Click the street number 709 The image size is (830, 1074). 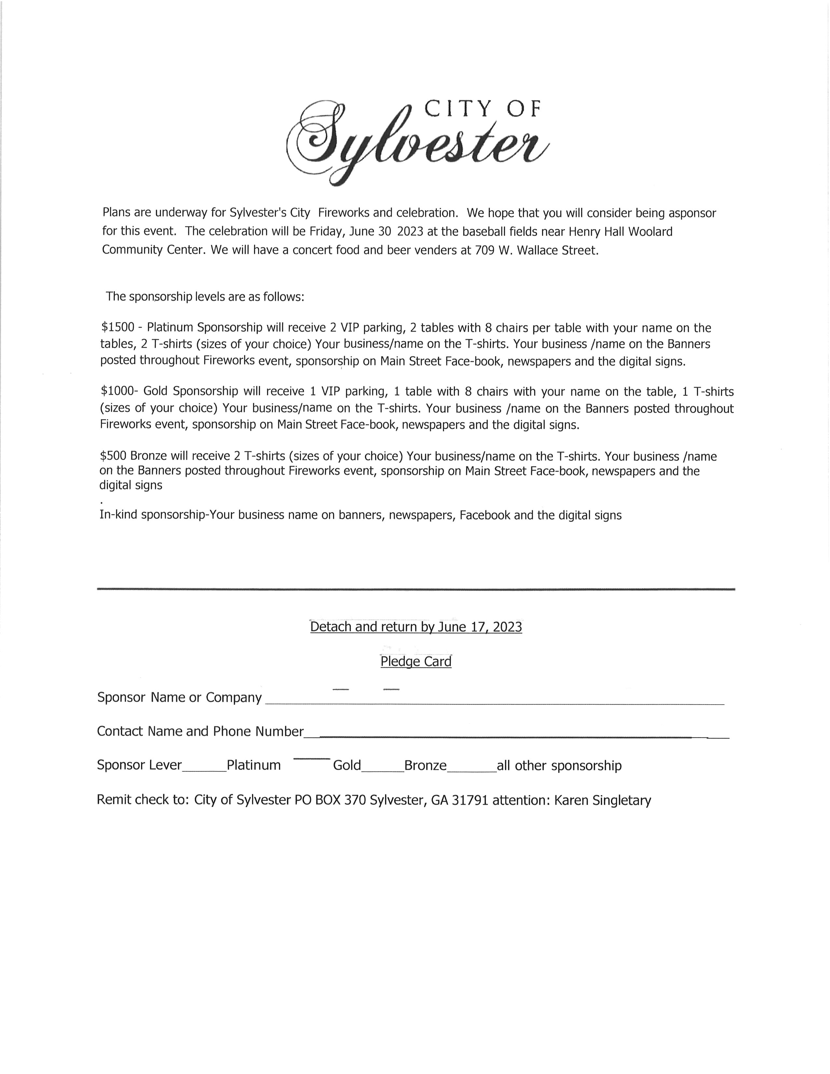485,250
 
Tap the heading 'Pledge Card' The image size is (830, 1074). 416,661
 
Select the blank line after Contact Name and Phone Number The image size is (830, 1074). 506,737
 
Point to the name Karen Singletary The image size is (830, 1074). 602,800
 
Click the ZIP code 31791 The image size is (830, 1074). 470,800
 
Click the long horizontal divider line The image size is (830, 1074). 416,589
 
